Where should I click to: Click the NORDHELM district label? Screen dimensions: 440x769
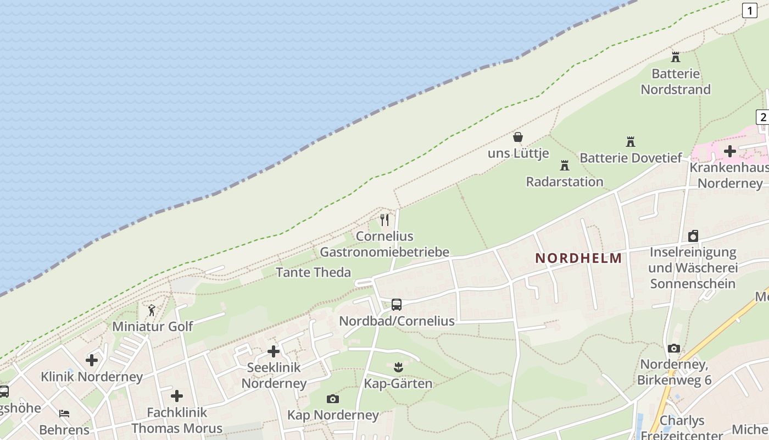click(578, 258)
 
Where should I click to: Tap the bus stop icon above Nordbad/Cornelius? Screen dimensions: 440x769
click(396, 304)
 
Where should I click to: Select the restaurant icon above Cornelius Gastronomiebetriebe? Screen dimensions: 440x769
click(384, 220)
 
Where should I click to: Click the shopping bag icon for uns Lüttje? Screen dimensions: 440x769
click(517, 137)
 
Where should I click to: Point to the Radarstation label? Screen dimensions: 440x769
click(564, 182)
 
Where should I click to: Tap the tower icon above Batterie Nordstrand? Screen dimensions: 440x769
click(676, 57)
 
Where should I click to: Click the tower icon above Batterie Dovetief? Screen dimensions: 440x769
click(631, 142)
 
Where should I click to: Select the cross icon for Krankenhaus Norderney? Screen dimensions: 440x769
click(729, 151)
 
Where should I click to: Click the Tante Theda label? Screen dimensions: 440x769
click(313, 272)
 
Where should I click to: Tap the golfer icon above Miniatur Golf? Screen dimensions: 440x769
click(152, 310)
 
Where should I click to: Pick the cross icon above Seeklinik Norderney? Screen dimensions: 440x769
click(273, 351)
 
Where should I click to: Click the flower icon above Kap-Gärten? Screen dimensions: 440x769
click(398, 367)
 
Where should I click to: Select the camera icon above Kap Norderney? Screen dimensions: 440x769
click(332, 399)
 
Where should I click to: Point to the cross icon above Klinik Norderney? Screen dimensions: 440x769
click(92, 360)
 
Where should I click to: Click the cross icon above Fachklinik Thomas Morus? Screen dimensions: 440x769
click(176, 395)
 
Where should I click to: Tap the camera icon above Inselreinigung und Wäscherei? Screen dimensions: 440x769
click(693, 236)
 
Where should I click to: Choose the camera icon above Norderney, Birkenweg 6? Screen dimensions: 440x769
click(674, 348)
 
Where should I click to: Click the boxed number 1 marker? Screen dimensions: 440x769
click(749, 10)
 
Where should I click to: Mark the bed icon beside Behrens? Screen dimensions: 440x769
click(64, 413)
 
